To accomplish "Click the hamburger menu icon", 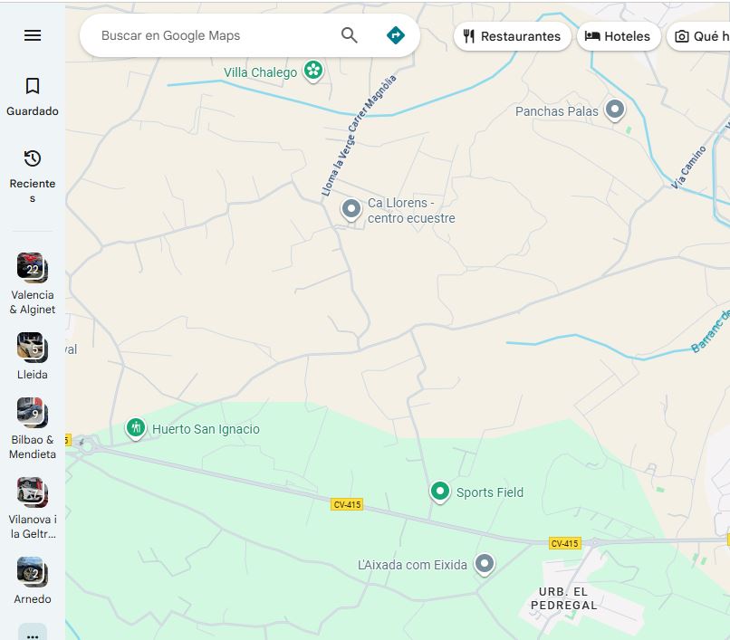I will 33,35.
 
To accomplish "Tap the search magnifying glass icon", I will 350,35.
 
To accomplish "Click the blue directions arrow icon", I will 395,35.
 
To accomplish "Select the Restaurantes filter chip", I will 512,36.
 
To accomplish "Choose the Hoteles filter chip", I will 618,36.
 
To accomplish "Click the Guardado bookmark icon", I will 33,86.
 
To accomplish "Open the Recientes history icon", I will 33,158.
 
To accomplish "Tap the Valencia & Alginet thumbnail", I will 33,267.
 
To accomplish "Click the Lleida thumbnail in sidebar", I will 33,347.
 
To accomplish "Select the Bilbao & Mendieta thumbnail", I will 33,412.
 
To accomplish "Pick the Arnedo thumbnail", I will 33,571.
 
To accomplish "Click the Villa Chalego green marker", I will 313,70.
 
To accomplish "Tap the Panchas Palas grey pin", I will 615,110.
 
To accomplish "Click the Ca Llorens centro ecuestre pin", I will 351,209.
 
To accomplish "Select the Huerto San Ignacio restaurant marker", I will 136,427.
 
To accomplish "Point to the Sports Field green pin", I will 440,491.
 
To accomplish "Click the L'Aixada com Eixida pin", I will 485,563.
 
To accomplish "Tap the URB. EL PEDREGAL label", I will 563,598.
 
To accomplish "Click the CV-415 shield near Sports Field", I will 347,504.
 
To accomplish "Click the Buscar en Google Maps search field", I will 208,36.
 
